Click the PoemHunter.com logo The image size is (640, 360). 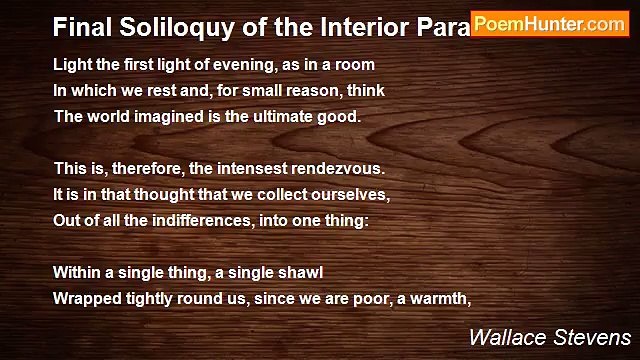(x=549, y=23)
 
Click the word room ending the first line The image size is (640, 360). (x=354, y=64)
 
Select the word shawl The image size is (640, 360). (x=300, y=271)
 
